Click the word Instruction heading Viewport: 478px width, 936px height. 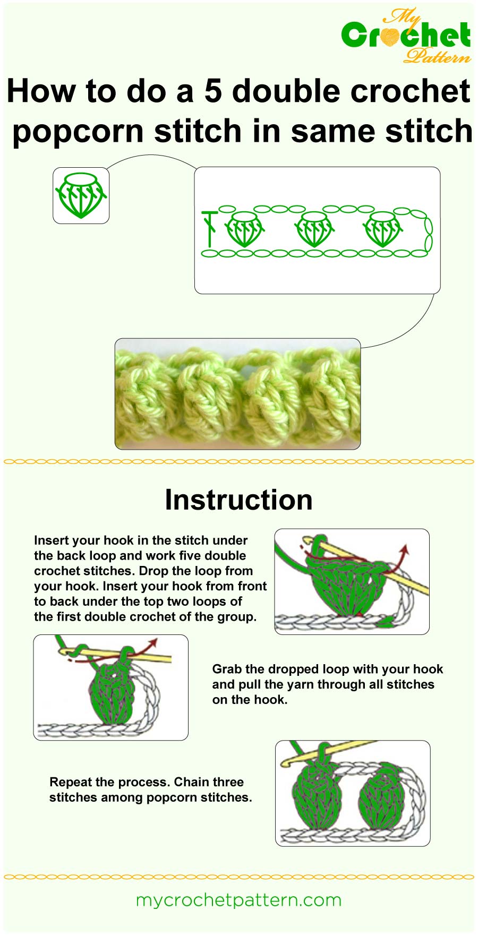tap(238, 500)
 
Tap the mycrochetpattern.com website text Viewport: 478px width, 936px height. tap(238, 900)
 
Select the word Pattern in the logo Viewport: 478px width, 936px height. tap(437, 55)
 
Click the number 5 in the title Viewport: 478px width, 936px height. tap(212, 91)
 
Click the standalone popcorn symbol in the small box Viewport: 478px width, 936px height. tap(81, 195)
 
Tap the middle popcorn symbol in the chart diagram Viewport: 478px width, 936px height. tap(313, 229)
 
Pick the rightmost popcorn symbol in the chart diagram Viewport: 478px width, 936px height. tap(382, 229)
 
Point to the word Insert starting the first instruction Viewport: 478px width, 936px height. tap(51, 540)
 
